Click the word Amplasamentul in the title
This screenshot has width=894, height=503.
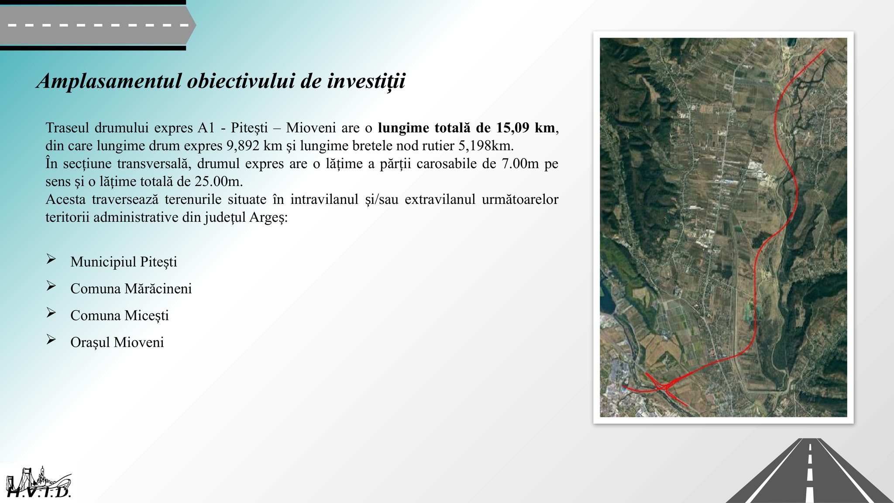pos(109,81)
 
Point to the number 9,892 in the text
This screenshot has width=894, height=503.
pos(243,145)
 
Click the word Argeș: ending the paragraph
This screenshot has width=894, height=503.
pos(268,217)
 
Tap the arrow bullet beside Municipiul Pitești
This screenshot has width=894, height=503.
pos(51,259)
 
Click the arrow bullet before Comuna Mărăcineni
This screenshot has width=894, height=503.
pos(51,286)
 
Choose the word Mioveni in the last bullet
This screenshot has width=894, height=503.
pos(139,342)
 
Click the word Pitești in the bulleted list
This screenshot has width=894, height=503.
pos(158,262)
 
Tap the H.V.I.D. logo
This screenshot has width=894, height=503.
pos(38,483)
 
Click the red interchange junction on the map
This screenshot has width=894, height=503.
pos(664,386)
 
